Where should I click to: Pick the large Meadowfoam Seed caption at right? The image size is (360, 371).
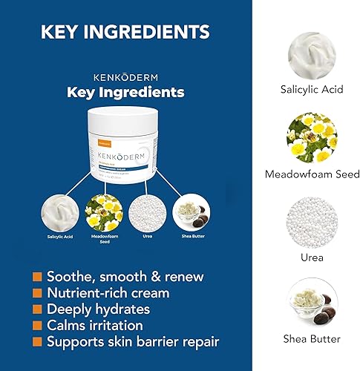tap(312, 175)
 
